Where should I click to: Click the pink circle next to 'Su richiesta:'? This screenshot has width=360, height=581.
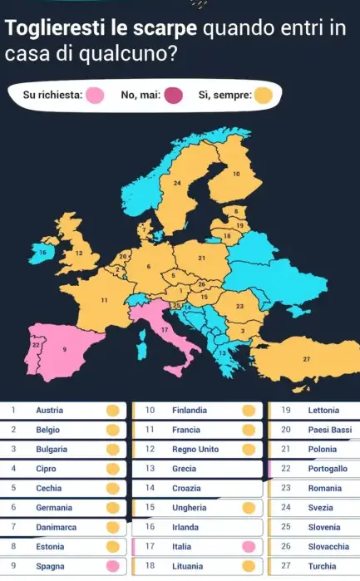pos(95,96)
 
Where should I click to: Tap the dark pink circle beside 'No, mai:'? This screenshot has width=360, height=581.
pos(173,96)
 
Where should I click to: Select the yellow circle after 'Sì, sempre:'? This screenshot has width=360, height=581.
pos(263,96)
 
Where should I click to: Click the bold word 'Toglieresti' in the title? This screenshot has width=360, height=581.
pos(57,29)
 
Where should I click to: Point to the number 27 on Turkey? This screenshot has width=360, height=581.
pos(307,359)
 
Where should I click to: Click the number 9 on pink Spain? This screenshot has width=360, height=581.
pos(65,350)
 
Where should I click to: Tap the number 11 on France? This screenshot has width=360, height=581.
pos(104,299)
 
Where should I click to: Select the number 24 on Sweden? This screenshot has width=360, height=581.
pos(176,181)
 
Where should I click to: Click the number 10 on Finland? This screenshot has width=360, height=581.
pos(236,175)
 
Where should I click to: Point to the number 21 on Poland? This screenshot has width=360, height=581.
pos(201,258)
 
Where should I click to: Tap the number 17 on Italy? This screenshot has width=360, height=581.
pos(165,330)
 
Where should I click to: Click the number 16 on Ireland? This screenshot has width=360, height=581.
pos(43,249)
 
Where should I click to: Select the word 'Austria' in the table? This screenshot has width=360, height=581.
pos(50,410)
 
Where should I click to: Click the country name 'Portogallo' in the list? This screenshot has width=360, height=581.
pos(328,469)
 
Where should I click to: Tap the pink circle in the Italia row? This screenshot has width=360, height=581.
pos(247,547)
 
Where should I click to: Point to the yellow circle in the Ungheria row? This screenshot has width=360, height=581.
pos(247,508)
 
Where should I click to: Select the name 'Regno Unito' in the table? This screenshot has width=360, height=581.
pos(195,449)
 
